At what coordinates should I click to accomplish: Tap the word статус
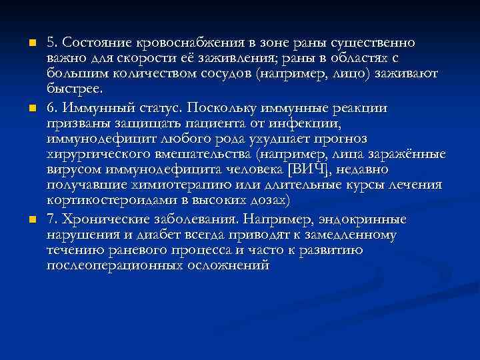(x=157, y=107)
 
